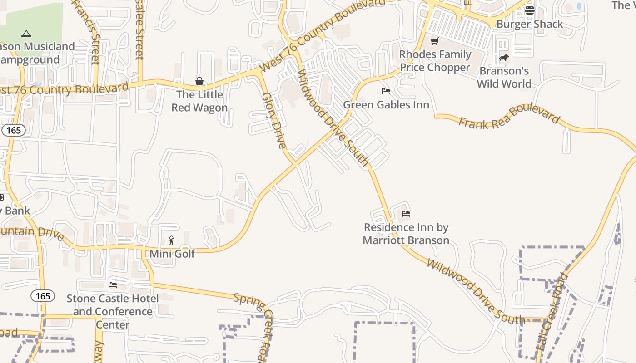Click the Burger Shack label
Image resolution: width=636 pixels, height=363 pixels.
tap(529, 24)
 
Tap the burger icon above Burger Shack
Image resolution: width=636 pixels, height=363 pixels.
tap(529, 10)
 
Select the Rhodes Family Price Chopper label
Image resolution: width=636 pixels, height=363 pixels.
tap(435, 61)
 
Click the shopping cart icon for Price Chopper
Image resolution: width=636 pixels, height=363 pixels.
tap(435, 41)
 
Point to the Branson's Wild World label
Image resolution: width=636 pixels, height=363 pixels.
tap(504, 77)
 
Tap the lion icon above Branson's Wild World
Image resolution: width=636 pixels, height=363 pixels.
tap(504, 58)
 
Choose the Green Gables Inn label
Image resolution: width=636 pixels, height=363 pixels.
tap(386, 105)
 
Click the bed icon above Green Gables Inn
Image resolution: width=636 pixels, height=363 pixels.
tap(386, 91)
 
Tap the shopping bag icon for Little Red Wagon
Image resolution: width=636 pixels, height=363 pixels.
tap(199, 81)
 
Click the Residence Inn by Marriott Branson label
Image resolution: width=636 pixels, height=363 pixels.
tap(406, 234)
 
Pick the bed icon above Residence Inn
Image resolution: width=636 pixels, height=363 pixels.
tap(406, 213)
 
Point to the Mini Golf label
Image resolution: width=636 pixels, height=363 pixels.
tap(172, 254)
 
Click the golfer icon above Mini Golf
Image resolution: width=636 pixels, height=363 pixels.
tap(171, 240)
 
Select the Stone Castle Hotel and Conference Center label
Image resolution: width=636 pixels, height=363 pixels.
tap(113, 311)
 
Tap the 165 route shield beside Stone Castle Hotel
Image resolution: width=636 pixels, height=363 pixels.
tap(43, 296)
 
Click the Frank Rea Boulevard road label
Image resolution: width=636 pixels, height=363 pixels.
tap(509, 118)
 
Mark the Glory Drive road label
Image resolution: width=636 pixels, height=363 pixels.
tap(274, 121)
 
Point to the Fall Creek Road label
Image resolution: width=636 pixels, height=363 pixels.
tap(552, 311)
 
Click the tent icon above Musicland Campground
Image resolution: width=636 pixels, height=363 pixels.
tap(26, 34)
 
